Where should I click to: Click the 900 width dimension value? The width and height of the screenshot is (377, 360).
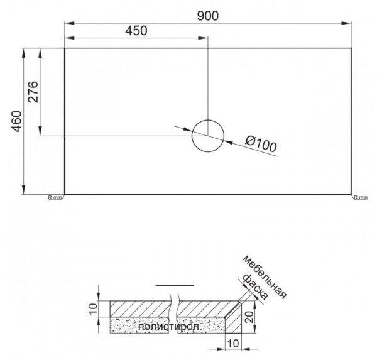(x=208, y=16)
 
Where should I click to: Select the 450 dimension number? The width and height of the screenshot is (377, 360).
(x=136, y=31)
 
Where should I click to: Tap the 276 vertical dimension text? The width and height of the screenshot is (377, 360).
(x=33, y=92)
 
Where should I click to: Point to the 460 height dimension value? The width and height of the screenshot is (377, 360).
(x=16, y=121)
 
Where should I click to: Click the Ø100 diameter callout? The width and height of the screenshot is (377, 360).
(x=261, y=144)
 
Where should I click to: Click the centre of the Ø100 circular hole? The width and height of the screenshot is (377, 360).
(x=208, y=136)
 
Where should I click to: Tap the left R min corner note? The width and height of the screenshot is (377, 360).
(x=55, y=198)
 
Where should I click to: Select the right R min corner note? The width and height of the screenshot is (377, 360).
(x=361, y=198)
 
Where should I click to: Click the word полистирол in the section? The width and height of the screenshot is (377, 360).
(x=169, y=327)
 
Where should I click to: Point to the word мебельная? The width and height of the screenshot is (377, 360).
(x=265, y=277)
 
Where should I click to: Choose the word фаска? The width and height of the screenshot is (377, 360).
(x=255, y=286)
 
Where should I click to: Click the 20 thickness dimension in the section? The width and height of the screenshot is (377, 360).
(x=249, y=317)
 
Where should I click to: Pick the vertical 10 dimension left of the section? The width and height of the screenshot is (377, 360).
(x=93, y=308)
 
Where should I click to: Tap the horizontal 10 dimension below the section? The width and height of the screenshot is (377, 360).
(x=232, y=344)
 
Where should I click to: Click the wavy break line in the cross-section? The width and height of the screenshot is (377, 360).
(x=174, y=313)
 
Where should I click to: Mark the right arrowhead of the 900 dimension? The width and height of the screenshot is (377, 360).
(x=347, y=23)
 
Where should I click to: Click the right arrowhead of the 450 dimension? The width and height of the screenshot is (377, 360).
(x=202, y=38)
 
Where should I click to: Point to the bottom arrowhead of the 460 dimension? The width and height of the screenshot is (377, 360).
(x=24, y=189)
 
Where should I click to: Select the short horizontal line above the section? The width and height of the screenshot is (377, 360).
(x=175, y=285)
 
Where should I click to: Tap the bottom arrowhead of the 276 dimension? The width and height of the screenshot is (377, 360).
(x=40, y=131)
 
